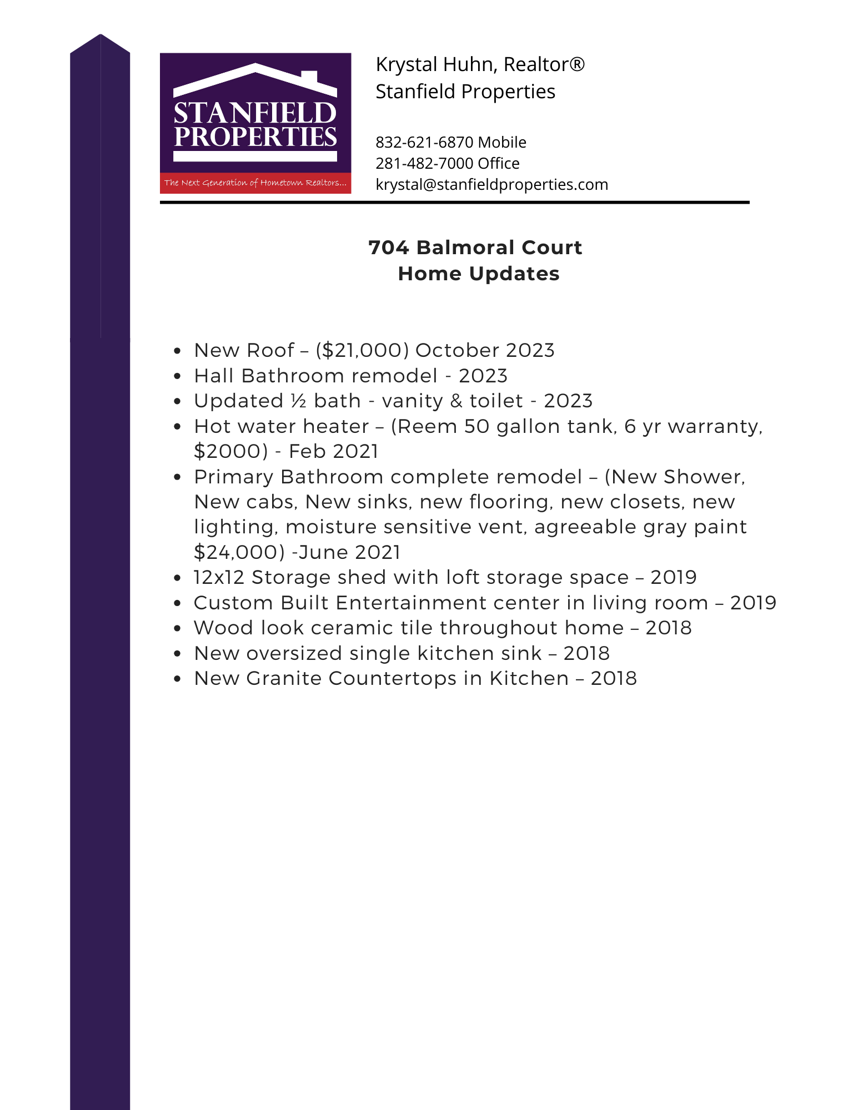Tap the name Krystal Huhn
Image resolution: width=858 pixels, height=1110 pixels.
[430, 65]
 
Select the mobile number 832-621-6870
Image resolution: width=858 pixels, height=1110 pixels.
[424, 143]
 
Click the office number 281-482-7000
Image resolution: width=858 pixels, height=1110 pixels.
[424, 164]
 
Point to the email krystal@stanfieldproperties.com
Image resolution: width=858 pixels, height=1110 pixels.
[491, 185]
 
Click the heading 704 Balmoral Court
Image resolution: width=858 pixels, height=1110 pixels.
[475, 248]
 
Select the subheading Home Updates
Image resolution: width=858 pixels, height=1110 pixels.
[478, 274]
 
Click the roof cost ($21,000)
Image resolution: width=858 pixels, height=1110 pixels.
[362, 351]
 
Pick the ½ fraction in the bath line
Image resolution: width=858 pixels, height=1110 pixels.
[299, 401]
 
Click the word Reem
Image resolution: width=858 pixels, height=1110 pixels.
[428, 427]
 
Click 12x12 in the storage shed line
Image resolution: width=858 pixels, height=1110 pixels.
[219, 578]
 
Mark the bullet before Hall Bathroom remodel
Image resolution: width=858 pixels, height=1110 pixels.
[177, 376]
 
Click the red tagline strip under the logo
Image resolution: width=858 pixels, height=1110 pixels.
[255, 183]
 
